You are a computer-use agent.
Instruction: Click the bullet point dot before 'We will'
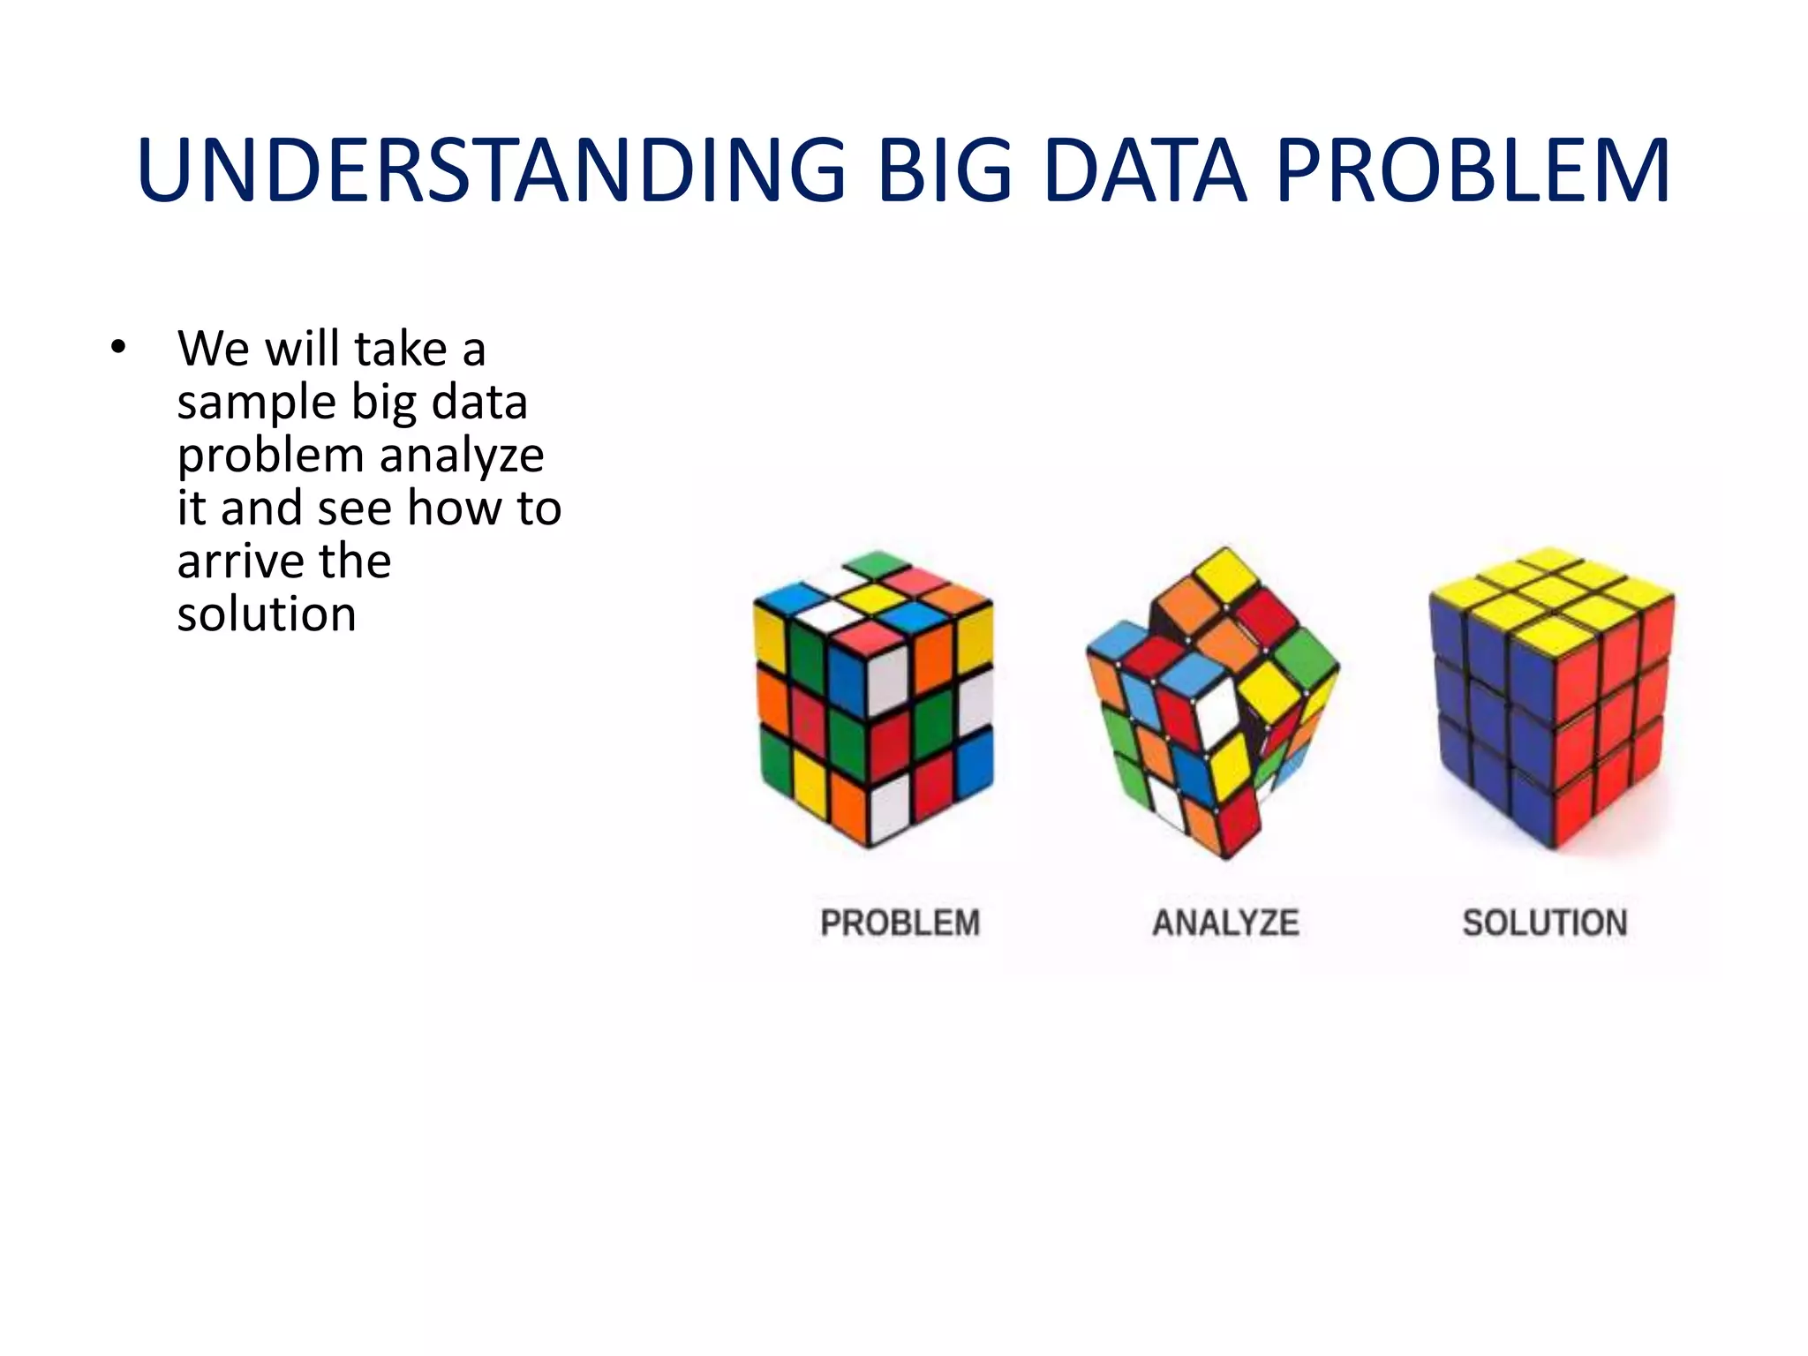(x=118, y=348)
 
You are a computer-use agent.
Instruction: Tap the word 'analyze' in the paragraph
(x=462, y=456)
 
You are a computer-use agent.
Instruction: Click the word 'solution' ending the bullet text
(x=267, y=614)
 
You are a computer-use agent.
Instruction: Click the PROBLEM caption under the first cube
(x=900, y=923)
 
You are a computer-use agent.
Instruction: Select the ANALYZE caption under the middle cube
(x=1225, y=923)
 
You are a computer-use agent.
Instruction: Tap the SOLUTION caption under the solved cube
(x=1545, y=923)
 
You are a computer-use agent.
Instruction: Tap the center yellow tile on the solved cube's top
(x=1552, y=590)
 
